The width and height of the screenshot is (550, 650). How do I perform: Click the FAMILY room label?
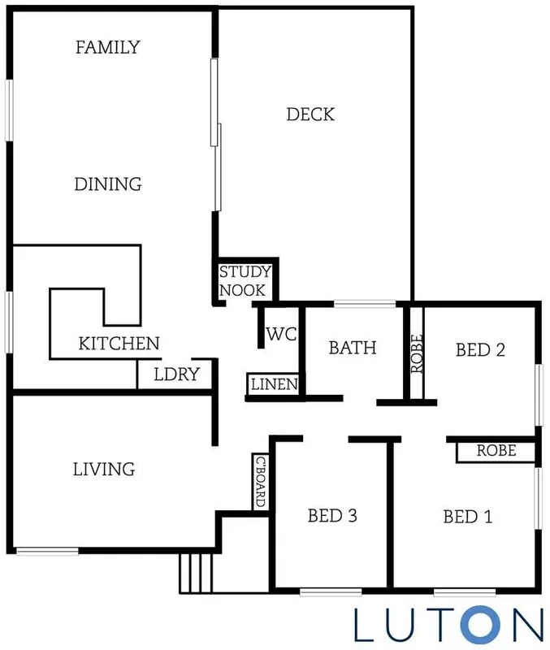tap(107, 47)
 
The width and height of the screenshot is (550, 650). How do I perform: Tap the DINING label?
tap(108, 184)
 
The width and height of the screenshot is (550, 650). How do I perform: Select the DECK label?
tap(310, 115)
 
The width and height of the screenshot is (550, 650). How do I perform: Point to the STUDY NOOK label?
tap(245, 280)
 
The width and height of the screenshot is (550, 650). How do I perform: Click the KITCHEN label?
tap(119, 344)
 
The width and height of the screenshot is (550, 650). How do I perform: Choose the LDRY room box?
tap(175, 375)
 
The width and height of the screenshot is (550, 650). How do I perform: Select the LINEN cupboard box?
tap(274, 384)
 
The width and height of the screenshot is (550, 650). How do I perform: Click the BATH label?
tap(353, 348)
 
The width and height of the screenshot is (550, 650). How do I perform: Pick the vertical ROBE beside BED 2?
tap(417, 353)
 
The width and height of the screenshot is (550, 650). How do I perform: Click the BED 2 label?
tap(480, 350)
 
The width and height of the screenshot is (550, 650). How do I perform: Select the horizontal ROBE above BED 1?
tap(496, 451)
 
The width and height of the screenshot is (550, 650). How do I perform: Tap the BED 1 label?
tap(467, 517)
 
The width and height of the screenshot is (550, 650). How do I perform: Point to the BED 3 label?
tap(332, 515)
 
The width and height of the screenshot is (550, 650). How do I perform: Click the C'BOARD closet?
tap(261, 481)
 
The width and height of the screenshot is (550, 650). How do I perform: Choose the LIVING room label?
tap(103, 469)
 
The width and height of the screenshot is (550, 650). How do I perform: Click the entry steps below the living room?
tap(197, 573)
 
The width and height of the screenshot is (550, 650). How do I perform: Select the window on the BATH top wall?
tap(365, 305)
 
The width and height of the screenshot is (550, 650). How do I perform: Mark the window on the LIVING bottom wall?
tap(47, 552)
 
